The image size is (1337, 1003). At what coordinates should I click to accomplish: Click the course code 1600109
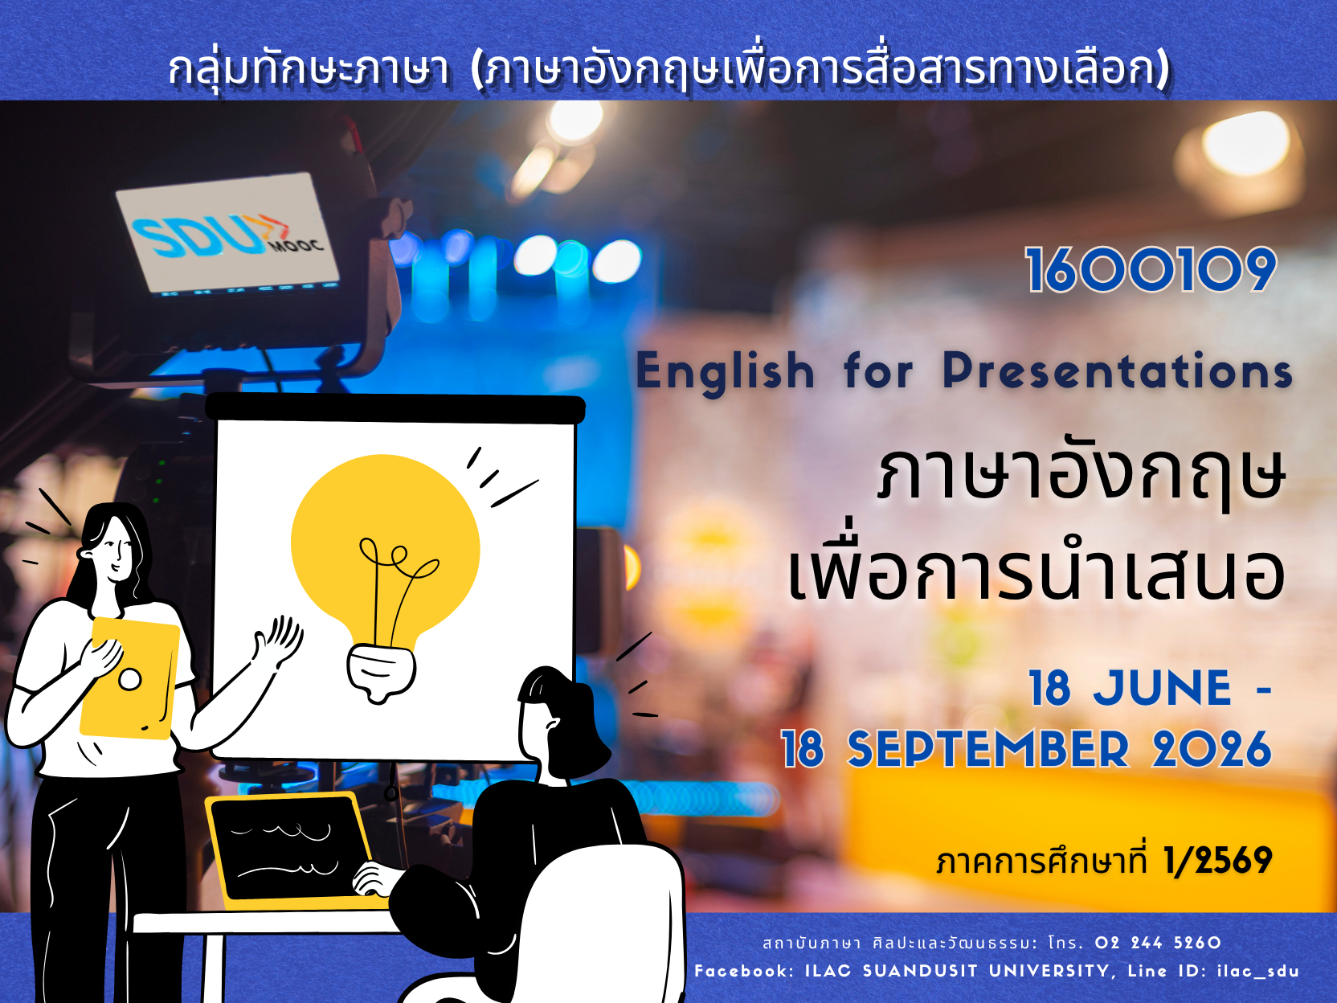click(x=1151, y=270)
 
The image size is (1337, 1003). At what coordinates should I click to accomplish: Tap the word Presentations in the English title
click(x=1117, y=370)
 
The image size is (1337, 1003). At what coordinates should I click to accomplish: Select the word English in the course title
click(x=725, y=372)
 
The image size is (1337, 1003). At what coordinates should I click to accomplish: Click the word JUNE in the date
click(x=1162, y=689)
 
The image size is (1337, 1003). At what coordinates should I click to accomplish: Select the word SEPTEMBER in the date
click(x=988, y=750)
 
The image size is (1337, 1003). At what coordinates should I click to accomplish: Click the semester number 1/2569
click(x=1217, y=861)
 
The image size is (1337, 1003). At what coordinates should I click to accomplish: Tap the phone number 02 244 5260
click(x=1158, y=943)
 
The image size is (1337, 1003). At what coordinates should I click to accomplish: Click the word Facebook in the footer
click(x=744, y=971)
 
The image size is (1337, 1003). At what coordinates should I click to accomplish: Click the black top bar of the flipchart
click(x=395, y=408)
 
